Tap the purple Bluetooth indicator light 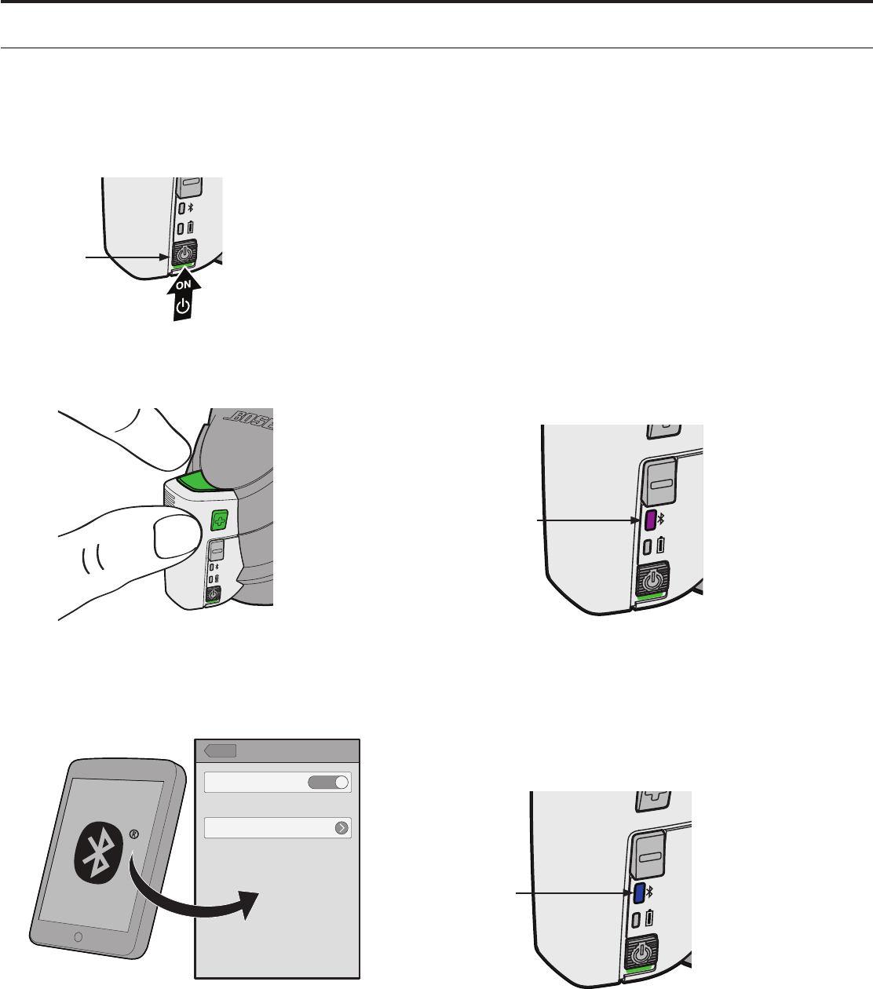650,520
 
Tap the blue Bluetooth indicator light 638,892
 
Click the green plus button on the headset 220,520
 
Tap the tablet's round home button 78,936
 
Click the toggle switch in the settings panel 328,783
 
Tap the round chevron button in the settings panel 342,828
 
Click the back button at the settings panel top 220,751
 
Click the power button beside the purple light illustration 652,579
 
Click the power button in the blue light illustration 641,953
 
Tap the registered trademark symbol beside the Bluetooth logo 133,834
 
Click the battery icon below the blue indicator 650,918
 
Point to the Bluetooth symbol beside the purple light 660,519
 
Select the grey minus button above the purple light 661,482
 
